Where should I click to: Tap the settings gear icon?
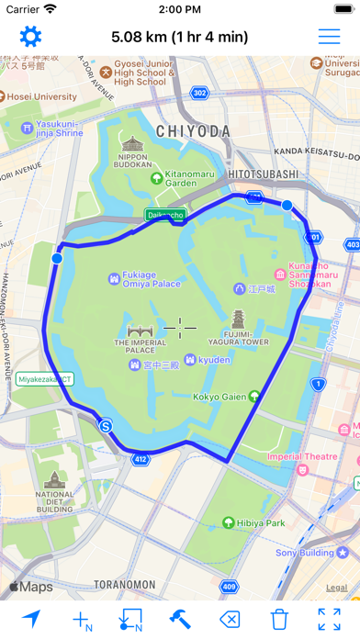pyautogui.click(x=31, y=37)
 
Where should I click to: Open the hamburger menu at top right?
pyautogui.click(x=329, y=37)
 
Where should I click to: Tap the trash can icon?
pyautogui.click(x=280, y=618)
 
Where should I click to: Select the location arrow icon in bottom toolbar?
pyautogui.click(x=31, y=618)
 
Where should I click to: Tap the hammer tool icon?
pyautogui.click(x=180, y=618)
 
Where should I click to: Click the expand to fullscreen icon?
pyautogui.click(x=329, y=618)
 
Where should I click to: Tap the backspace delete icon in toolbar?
pyautogui.click(x=231, y=618)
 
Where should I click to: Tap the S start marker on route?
pyautogui.click(x=107, y=426)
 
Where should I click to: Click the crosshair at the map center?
pyautogui.click(x=181, y=326)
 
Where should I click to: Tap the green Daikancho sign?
pyautogui.click(x=165, y=215)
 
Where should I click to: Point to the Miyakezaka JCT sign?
pyautogui.click(x=44, y=378)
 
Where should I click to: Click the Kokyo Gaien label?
pyautogui.click(x=217, y=398)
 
